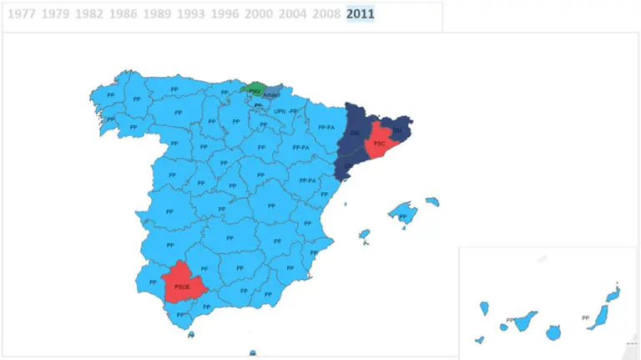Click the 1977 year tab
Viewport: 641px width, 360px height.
pos(20,14)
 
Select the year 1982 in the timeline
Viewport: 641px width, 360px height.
pos(88,14)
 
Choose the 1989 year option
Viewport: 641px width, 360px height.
pos(157,14)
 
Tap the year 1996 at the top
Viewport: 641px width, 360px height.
pos(225,14)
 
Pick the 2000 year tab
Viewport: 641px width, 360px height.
pos(259,14)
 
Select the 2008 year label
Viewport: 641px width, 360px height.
pos(326,14)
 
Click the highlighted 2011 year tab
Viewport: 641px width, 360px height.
pos(361,14)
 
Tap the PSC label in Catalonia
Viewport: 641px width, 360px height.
pos(380,144)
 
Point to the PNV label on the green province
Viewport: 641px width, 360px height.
pos(255,90)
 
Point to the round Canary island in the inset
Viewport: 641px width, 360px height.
pos(553,332)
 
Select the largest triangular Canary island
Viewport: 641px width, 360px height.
pos(524,322)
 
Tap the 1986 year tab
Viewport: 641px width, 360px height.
pos(123,14)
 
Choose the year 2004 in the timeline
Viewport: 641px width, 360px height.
pos(293,14)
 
